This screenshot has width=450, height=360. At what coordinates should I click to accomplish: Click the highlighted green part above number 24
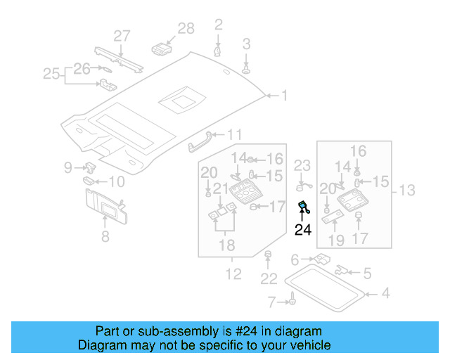pyautogui.click(x=304, y=206)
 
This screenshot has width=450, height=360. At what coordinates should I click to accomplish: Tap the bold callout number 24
pyautogui.click(x=303, y=229)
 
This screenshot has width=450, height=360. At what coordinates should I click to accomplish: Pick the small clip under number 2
pyautogui.click(x=218, y=51)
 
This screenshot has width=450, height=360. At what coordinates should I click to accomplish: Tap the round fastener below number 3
pyautogui.click(x=247, y=70)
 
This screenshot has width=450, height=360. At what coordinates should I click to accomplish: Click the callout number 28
pyautogui.click(x=186, y=28)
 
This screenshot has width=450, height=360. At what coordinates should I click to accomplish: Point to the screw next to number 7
pyautogui.click(x=289, y=302)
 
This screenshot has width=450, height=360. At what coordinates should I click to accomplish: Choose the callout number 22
pyautogui.click(x=269, y=279)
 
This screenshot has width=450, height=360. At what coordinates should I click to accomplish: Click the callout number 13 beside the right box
pyautogui.click(x=407, y=191)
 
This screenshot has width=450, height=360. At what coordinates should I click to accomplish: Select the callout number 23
pyautogui.click(x=302, y=166)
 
